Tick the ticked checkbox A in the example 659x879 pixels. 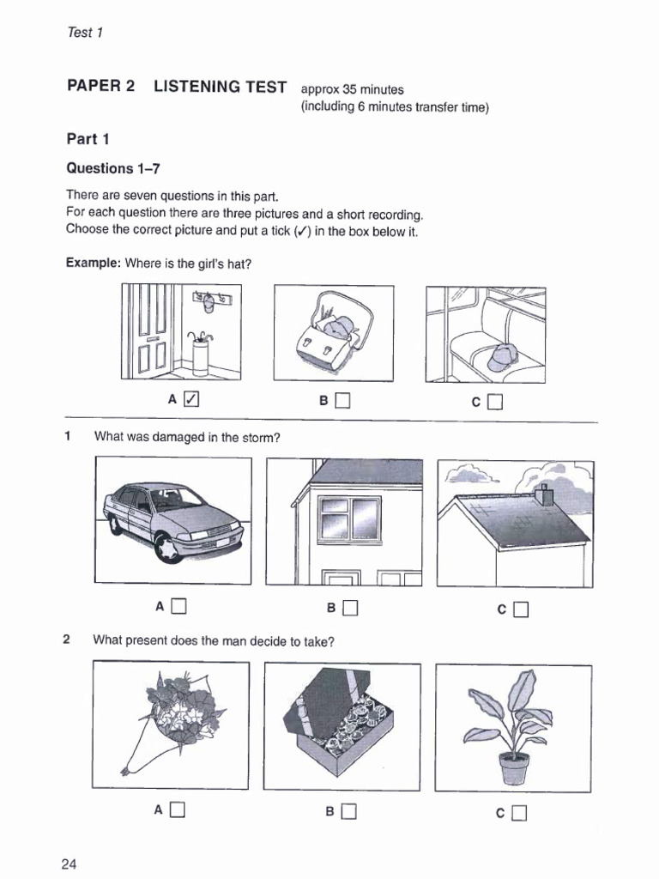point(191,399)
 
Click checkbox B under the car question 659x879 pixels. point(349,609)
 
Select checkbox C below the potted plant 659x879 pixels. point(520,812)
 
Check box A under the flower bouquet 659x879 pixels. point(178,809)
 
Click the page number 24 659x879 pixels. point(70,863)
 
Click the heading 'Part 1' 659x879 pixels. point(88,139)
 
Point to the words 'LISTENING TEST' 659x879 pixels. point(221,87)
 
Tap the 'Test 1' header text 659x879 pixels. point(84,33)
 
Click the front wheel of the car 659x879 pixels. point(168,547)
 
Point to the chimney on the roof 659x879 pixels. point(543,494)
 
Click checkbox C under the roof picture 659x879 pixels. point(520,610)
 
